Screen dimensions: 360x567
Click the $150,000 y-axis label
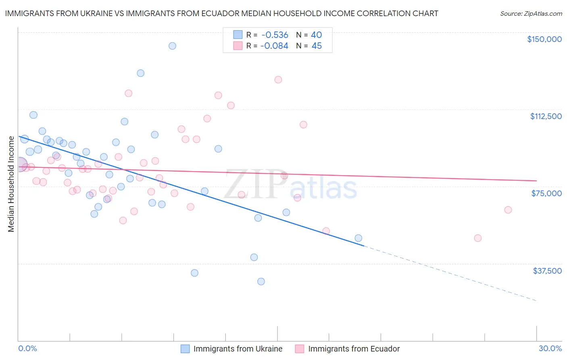tap(544, 39)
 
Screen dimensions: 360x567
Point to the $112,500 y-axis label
tap(546, 116)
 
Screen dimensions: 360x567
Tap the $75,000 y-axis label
tap(546, 193)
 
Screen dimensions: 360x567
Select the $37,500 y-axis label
tap(547, 271)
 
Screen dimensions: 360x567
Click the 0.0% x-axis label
tap(27, 348)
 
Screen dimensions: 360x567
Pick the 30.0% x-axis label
tap(550, 348)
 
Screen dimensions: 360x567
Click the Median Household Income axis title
tap(11, 184)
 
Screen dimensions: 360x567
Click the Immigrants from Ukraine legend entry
tap(238, 349)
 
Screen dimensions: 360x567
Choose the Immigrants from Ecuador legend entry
tap(354, 349)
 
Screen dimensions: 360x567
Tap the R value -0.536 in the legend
tap(275, 35)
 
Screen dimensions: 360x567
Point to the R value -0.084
tap(274, 46)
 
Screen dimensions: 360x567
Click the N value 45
tap(317, 46)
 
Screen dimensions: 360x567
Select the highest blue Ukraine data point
tap(172, 46)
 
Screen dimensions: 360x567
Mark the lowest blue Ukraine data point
tap(261, 281)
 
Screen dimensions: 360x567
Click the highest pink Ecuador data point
tap(278, 80)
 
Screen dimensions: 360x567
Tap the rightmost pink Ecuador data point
tap(508, 210)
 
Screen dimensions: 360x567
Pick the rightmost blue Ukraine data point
tap(358, 238)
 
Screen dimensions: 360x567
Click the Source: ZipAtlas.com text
tap(531, 14)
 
